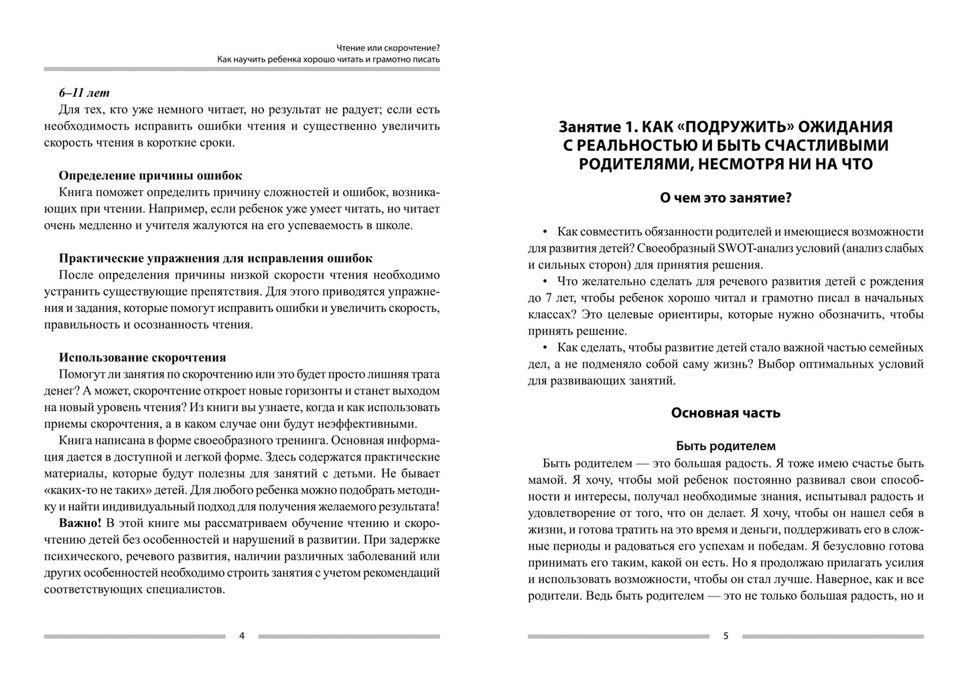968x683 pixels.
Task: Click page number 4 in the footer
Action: (x=242, y=636)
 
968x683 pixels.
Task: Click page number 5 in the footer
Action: (x=725, y=636)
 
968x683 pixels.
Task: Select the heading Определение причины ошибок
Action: (x=150, y=175)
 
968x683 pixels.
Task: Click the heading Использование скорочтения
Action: (x=142, y=358)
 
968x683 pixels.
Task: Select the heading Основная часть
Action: (x=725, y=412)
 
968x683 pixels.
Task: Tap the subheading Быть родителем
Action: (x=725, y=446)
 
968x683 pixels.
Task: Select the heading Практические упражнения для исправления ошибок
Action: (x=215, y=258)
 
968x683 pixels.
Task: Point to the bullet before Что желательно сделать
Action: (x=545, y=282)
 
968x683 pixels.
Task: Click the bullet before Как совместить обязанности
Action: (x=545, y=232)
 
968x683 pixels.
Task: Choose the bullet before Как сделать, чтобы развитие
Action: (x=545, y=348)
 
